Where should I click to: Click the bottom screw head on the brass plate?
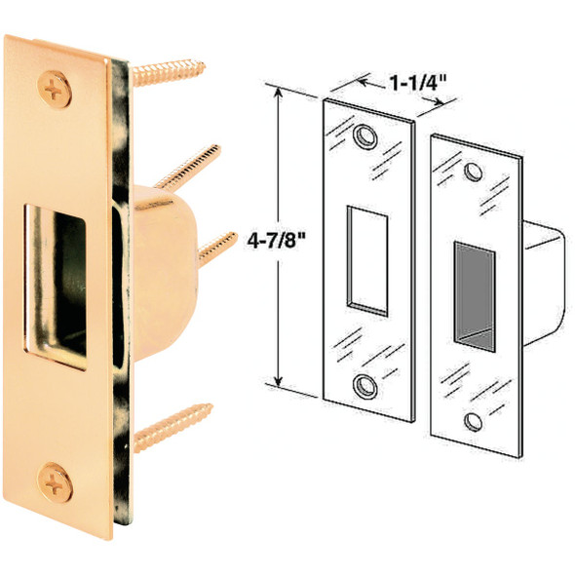pyautogui.click(x=55, y=481)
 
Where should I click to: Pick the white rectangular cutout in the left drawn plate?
pyautogui.click(x=367, y=259)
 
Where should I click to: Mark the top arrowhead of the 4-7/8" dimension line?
pyautogui.click(x=281, y=90)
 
